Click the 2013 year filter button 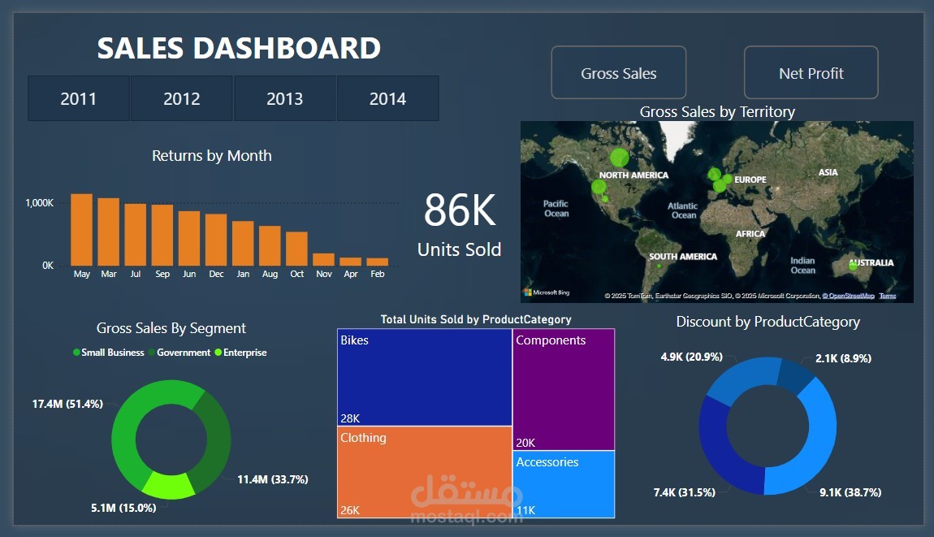(284, 99)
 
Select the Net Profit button (811, 73)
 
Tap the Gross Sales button (618, 73)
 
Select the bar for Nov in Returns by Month (324, 259)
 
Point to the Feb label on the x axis (378, 275)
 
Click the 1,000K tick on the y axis (38, 203)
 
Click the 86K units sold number (459, 211)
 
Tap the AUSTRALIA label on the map (871, 262)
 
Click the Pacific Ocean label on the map (556, 209)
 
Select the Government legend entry (183, 353)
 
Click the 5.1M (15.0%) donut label (123, 508)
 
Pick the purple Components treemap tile (564, 390)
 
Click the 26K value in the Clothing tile (350, 510)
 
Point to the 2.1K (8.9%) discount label (845, 357)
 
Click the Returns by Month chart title (211, 156)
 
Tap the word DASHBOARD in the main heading (287, 48)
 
